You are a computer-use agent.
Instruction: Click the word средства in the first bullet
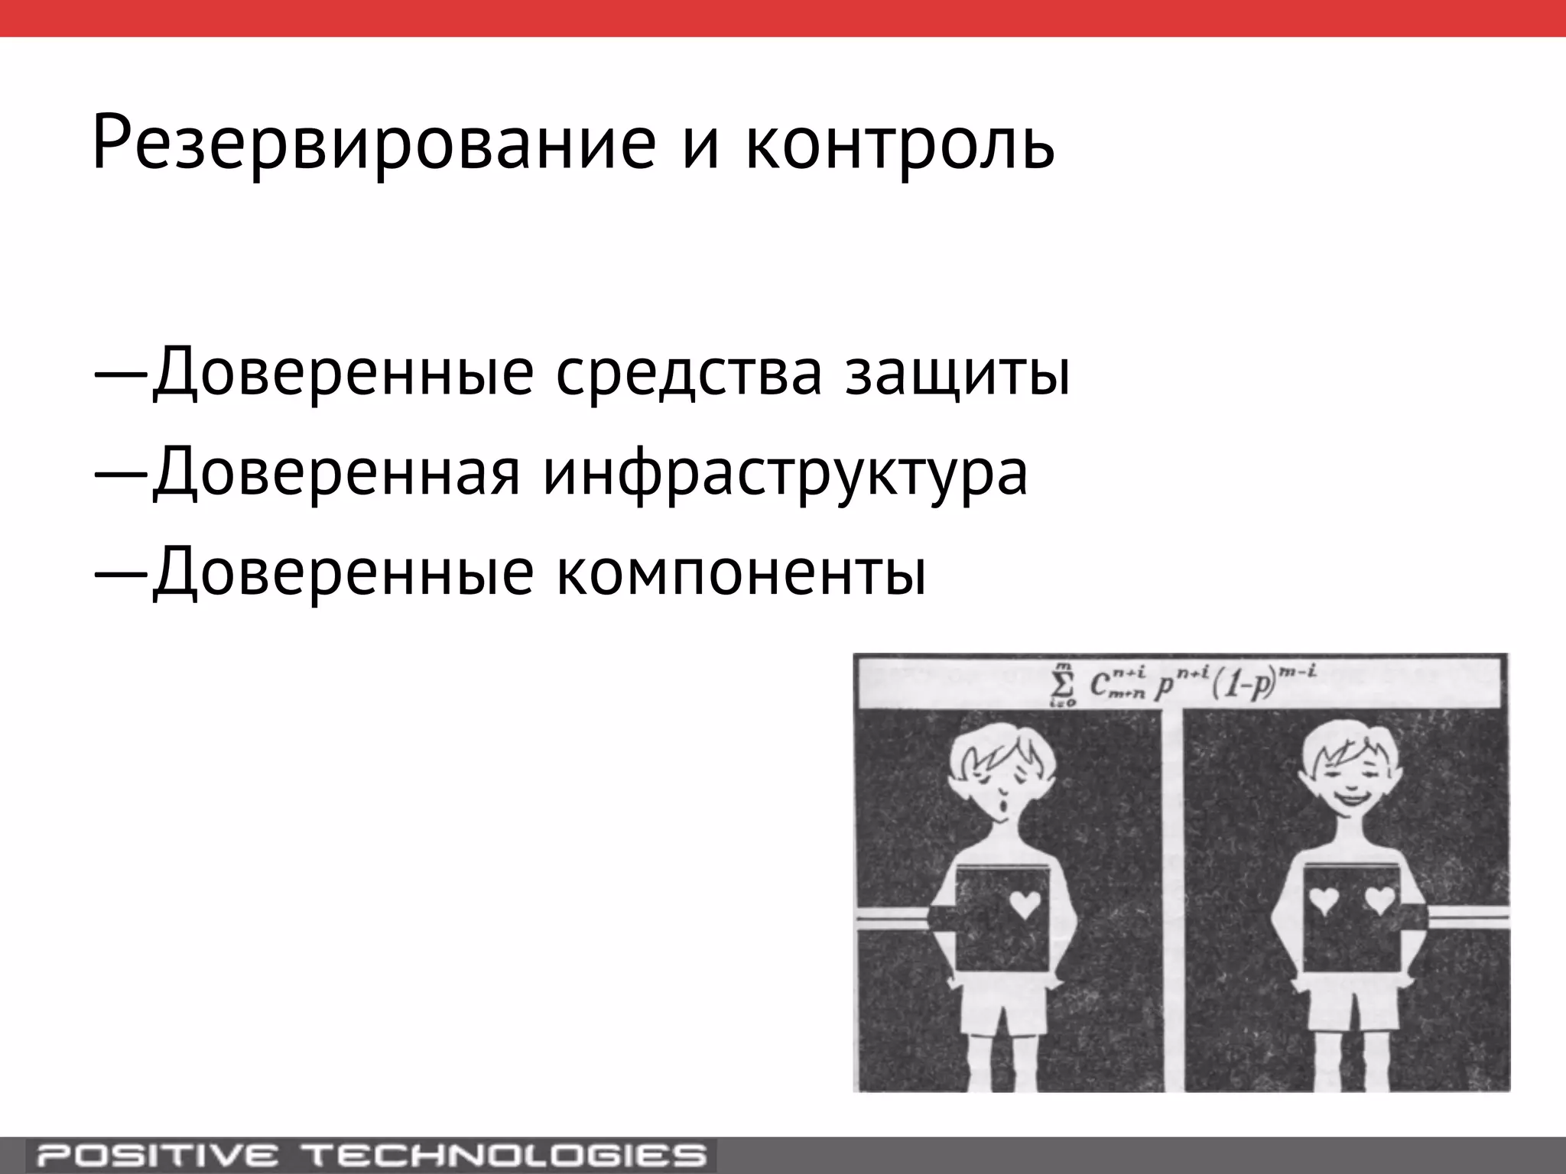point(688,372)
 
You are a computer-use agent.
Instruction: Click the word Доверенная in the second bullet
point(336,472)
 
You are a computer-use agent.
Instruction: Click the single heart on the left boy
point(1025,905)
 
